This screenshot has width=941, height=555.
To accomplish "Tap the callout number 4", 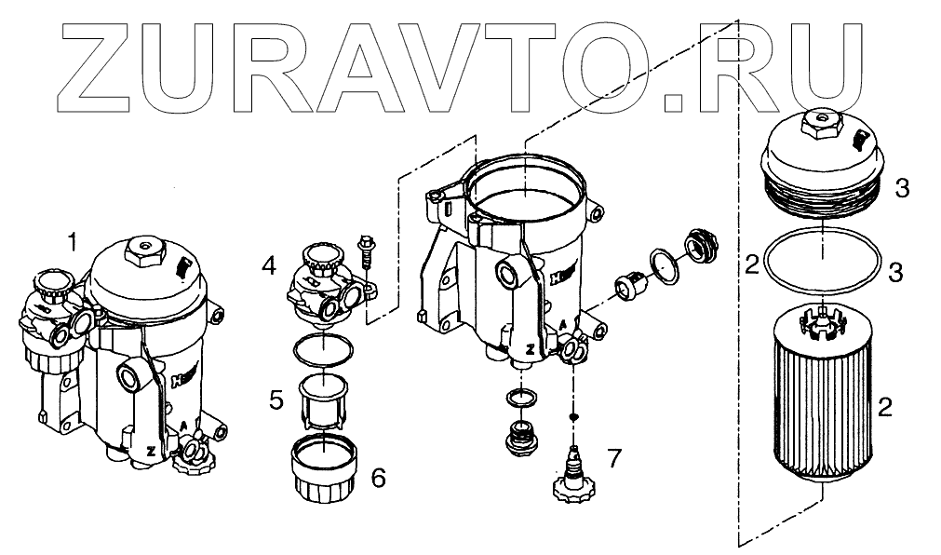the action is [x=269, y=266].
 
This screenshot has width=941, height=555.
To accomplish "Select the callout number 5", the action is [x=276, y=399].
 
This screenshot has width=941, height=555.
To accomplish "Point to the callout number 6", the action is [x=377, y=478].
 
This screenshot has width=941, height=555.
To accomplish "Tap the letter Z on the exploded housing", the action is [x=529, y=349].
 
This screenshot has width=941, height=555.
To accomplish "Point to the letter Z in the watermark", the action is [x=108, y=63].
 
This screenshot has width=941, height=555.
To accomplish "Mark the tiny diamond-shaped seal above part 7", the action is [x=574, y=416].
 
